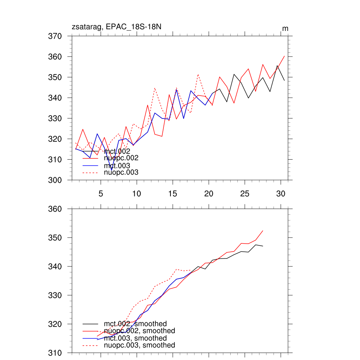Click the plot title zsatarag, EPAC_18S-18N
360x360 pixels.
coord(116,27)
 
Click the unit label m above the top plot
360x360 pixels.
coord(285,28)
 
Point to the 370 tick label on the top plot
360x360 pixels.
coord(55,36)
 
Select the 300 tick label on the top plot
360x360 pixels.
coord(55,180)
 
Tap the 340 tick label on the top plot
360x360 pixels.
coord(55,98)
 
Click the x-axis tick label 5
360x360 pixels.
coord(101,194)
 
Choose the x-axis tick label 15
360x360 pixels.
coord(173,194)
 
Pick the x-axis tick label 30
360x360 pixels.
coord(281,194)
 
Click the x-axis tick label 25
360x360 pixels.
coord(245,194)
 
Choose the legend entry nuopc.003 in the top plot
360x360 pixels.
coord(121,172)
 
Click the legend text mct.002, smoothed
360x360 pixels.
coord(135,324)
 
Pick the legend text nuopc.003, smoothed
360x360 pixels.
coord(139,345)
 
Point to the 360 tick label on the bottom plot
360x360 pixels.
coord(55,209)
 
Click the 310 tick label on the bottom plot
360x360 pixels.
coord(55,353)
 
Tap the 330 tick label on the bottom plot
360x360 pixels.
coord(55,295)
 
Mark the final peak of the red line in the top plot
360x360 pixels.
coord(284,56)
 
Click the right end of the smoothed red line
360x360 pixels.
coord(263,231)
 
